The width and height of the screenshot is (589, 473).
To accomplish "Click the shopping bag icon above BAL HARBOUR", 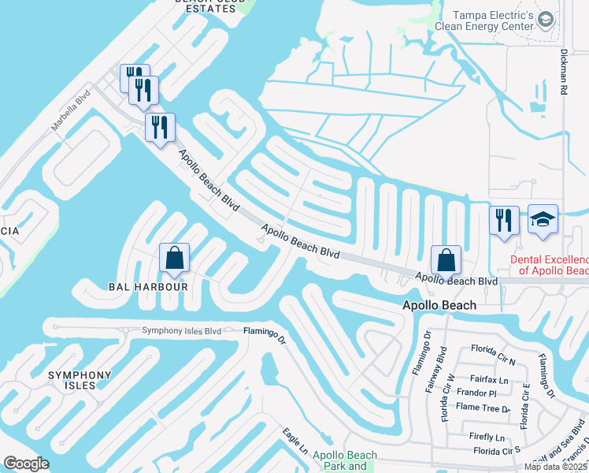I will pos(174,258).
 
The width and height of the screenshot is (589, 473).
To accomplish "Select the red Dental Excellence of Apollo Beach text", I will pos(550,265).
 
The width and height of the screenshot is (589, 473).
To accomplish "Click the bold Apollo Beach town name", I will pos(439,305).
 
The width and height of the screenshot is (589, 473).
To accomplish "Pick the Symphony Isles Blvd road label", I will pos(181,331).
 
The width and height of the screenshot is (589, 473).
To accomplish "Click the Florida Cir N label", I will pos(492,348).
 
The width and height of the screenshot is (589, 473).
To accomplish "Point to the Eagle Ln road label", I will pos(296,441).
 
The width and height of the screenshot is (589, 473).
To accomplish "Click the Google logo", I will pos(27,464).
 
